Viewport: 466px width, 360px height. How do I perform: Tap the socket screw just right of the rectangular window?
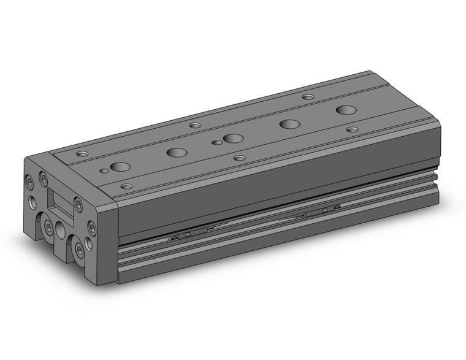[78, 205]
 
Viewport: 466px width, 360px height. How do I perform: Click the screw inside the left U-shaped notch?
[48, 228]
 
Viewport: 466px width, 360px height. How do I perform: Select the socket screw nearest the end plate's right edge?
[92, 228]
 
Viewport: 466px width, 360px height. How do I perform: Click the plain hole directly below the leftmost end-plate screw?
[31, 201]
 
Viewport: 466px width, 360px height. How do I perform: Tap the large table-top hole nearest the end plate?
[121, 166]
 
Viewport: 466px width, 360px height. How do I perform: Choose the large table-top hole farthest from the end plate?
[346, 110]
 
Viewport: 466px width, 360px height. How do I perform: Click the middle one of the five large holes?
[232, 138]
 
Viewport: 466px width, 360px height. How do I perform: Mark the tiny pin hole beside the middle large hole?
[216, 143]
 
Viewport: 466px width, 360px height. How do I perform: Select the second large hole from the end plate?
[177, 152]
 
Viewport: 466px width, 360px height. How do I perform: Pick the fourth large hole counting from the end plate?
[289, 124]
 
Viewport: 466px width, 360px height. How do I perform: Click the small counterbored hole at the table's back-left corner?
[82, 153]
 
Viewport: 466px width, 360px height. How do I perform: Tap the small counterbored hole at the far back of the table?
[308, 97]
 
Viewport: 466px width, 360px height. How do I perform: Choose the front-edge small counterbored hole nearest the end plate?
[126, 186]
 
